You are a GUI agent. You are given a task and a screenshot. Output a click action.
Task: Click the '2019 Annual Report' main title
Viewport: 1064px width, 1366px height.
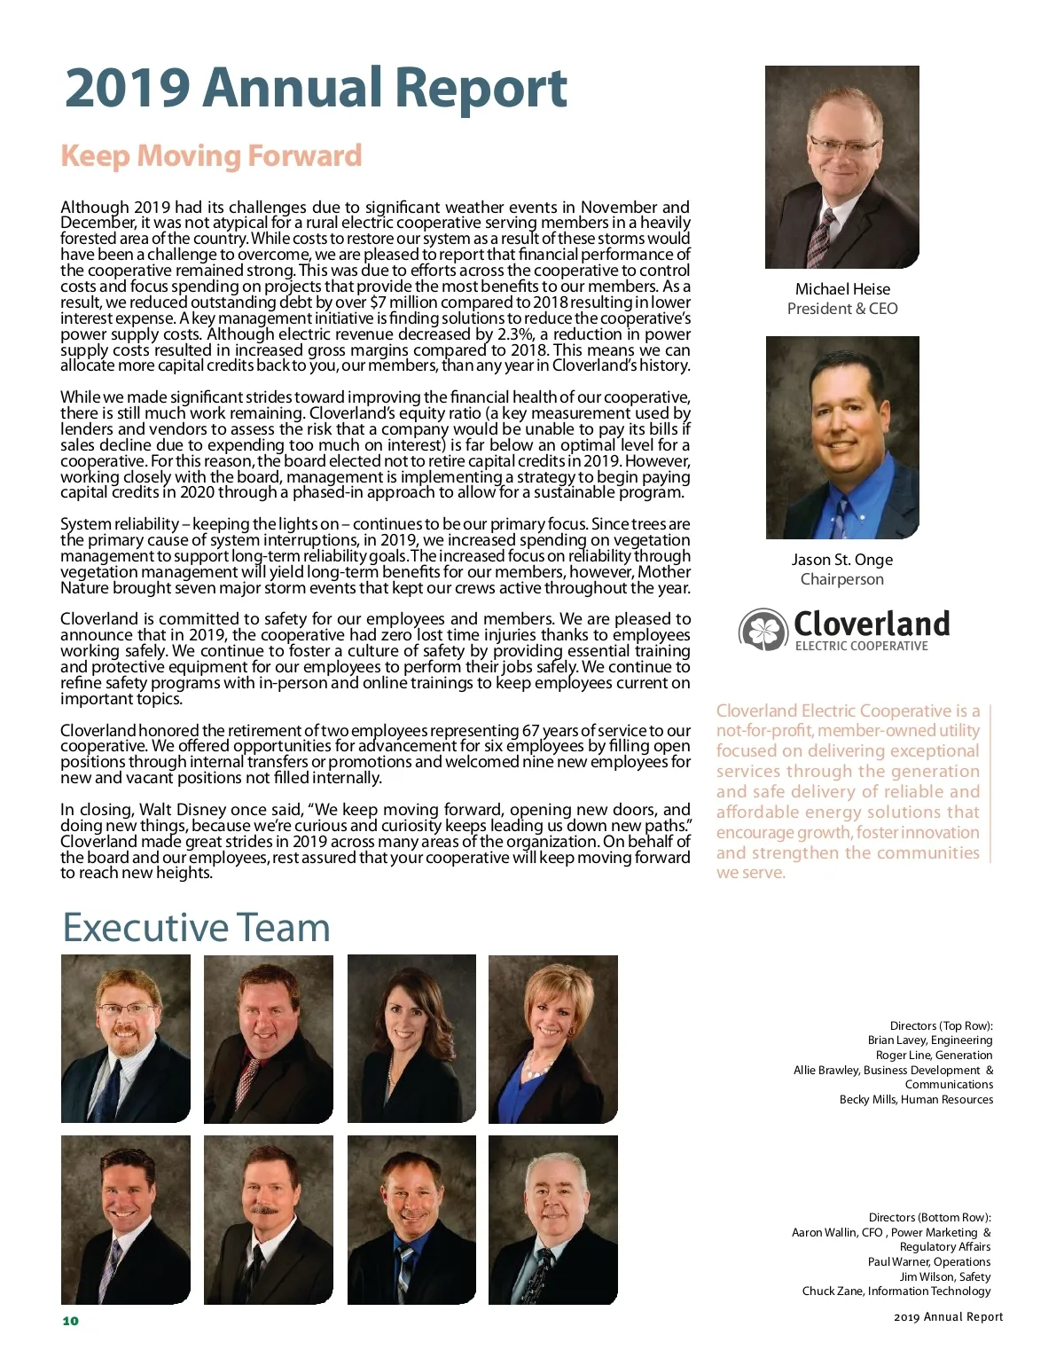pos(316,88)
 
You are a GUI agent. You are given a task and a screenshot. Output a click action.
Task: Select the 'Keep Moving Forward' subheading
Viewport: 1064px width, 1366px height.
pos(211,156)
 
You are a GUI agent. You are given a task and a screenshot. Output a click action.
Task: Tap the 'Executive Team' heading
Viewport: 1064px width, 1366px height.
pos(196,928)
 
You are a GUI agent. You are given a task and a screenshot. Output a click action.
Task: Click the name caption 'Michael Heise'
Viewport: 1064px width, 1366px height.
pos(842,289)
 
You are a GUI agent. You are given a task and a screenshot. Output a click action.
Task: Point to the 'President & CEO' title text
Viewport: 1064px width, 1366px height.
pos(842,309)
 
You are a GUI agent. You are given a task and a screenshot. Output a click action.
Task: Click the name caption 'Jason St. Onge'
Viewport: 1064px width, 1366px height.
pos(842,560)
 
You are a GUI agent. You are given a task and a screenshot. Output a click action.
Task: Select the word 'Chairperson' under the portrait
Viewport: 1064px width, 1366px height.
pos(842,579)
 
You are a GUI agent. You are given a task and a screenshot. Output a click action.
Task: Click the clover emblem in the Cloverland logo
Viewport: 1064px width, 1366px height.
pos(763,630)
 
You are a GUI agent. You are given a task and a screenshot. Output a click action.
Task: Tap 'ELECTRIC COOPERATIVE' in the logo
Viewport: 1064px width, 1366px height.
pos(861,647)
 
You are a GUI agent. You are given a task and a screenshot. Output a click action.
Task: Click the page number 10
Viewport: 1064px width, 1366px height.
pos(71,1321)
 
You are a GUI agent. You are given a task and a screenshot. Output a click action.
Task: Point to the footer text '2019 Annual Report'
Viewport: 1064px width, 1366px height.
pos(948,1317)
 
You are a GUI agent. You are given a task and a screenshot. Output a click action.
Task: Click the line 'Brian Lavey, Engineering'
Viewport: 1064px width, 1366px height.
pos(930,1040)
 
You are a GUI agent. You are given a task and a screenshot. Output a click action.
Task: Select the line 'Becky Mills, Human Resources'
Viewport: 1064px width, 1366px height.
pos(916,1100)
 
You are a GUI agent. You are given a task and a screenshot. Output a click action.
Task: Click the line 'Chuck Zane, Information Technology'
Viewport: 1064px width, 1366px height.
pos(896,1291)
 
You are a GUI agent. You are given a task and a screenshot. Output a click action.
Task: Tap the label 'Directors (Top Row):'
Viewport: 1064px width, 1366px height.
pos(941,1026)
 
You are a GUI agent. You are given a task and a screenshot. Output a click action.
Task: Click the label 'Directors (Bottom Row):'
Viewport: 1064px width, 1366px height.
pos(929,1218)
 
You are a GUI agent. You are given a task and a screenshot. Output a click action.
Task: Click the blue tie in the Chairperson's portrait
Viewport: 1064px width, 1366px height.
pos(839,514)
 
